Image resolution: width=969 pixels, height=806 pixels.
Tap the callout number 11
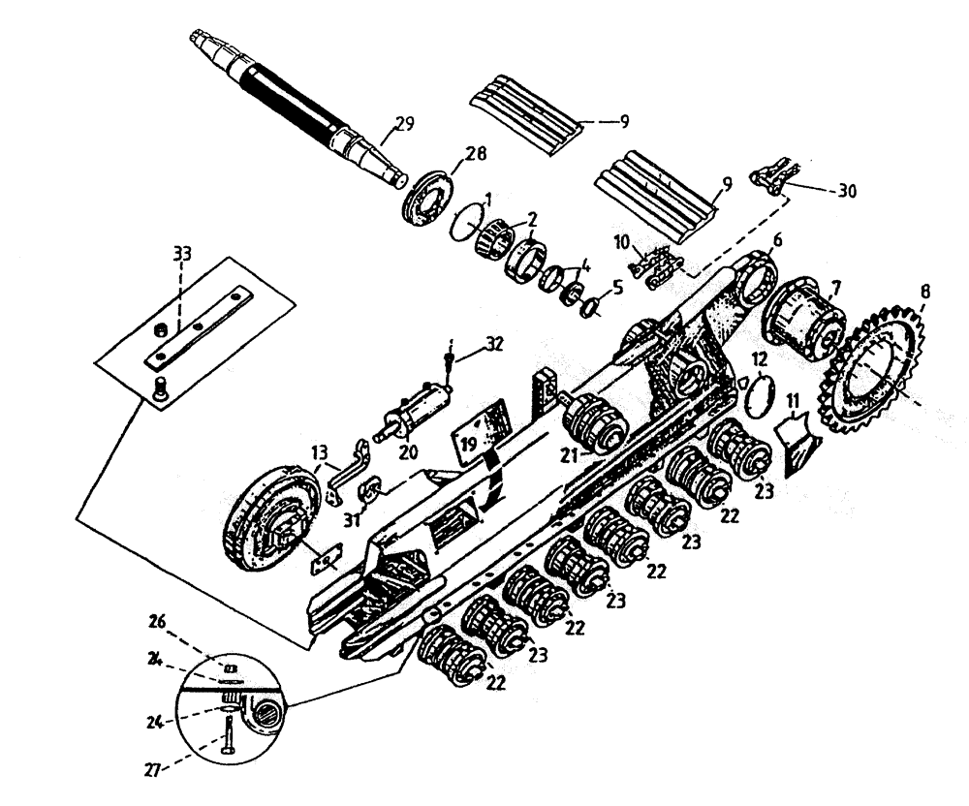794,399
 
